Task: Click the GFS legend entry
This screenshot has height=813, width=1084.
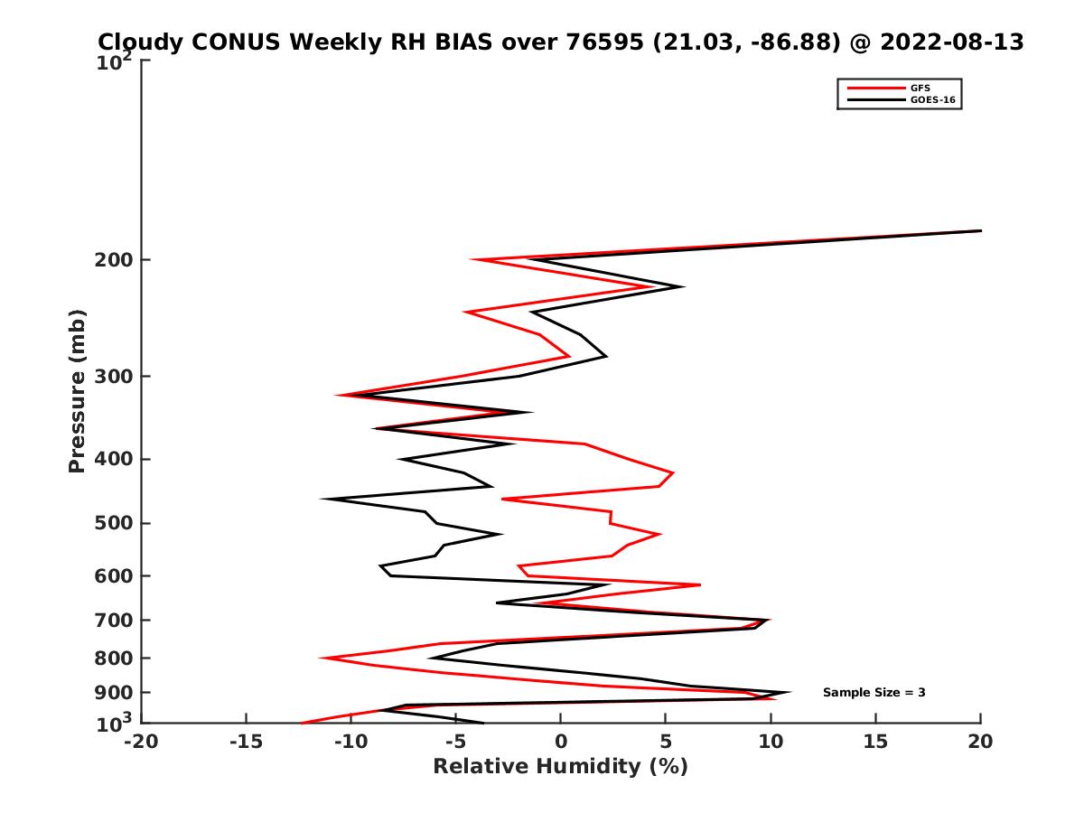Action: (920, 88)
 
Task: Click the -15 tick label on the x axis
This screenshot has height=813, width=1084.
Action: (246, 743)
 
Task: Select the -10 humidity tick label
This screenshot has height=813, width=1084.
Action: (350, 743)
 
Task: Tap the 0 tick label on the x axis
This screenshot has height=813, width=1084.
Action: (561, 743)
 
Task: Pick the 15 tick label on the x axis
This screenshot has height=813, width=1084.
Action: (875, 743)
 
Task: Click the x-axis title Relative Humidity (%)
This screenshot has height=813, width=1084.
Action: (560, 767)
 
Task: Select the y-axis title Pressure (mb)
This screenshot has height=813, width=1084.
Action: (77, 390)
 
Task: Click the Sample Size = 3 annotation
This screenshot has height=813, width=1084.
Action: (874, 693)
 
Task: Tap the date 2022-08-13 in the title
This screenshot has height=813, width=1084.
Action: (952, 42)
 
